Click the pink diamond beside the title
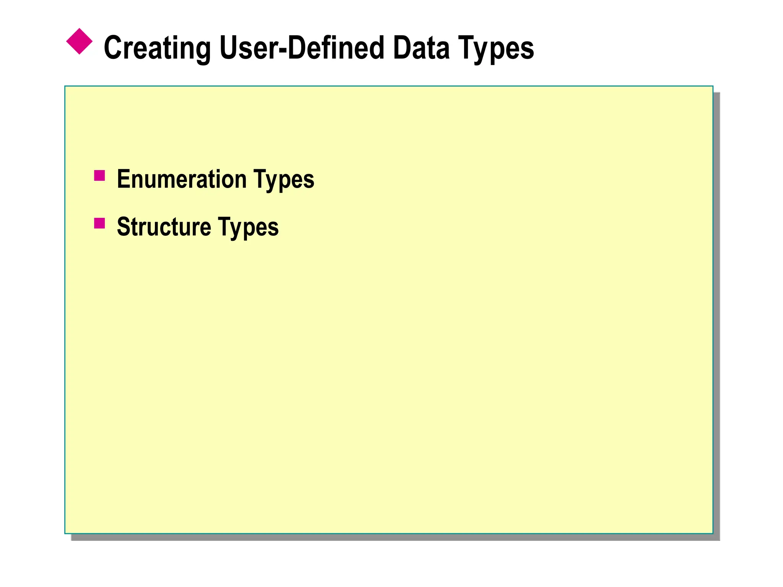click(x=80, y=41)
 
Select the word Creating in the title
click(x=157, y=48)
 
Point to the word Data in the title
click(x=421, y=48)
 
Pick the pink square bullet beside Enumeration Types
click(x=99, y=175)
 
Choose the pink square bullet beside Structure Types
click(x=99, y=223)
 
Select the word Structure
click(x=164, y=227)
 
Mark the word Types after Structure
click(x=248, y=227)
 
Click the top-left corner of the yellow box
click(x=65, y=86)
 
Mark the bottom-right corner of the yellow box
click(x=713, y=533)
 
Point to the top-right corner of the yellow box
click(x=713, y=86)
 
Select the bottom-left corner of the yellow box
click(x=65, y=533)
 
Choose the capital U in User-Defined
click(x=229, y=48)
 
